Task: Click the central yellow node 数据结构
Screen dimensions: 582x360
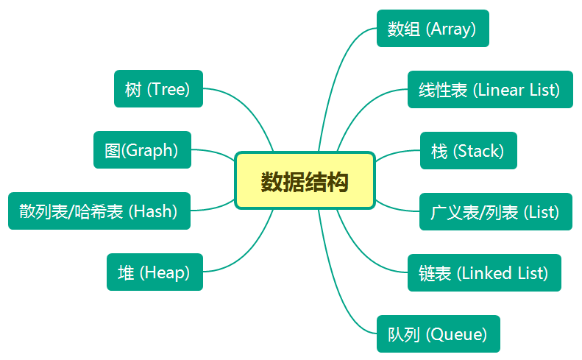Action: point(305,180)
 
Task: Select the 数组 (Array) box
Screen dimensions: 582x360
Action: point(433,28)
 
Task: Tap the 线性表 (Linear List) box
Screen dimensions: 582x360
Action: point(490,90)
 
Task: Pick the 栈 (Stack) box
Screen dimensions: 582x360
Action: point(469,150)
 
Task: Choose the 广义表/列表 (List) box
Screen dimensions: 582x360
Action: point(496,212)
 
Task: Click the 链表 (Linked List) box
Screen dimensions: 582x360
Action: point(484,272)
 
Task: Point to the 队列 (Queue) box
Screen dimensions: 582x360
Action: point(439,333)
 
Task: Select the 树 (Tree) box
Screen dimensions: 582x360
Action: point(158,89)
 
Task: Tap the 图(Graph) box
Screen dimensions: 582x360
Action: point(142,149)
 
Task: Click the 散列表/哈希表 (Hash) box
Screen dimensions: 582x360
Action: point(99,211)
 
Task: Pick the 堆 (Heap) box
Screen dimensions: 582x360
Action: point(155,272)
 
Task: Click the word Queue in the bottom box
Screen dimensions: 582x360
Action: point(456,334)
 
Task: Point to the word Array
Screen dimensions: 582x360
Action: point(450,29)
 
